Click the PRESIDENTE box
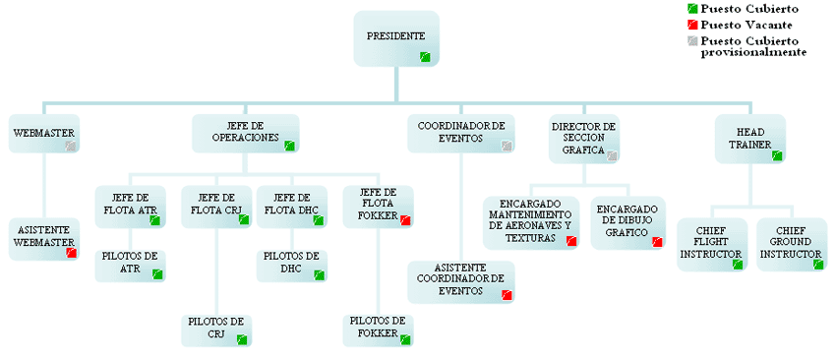point(396,39)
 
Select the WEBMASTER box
point(44,134)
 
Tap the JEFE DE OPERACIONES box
point(246,134)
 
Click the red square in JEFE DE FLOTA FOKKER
point(406,219)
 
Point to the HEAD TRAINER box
point(750,139)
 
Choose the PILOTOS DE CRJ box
point(216,330)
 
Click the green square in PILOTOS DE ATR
point(157,274)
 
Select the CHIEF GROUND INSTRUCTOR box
point(792,244)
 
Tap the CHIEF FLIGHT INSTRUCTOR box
point(712,244)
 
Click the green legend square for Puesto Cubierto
point(692,9)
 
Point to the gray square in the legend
point(692,40)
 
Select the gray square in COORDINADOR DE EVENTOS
point(508,146)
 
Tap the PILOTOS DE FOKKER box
point(378,330)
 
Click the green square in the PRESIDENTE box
point(425,56)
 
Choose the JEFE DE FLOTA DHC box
point(292,207)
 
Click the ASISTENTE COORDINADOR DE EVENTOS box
point(461,282)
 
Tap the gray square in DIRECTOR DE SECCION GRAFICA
point(612,155)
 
